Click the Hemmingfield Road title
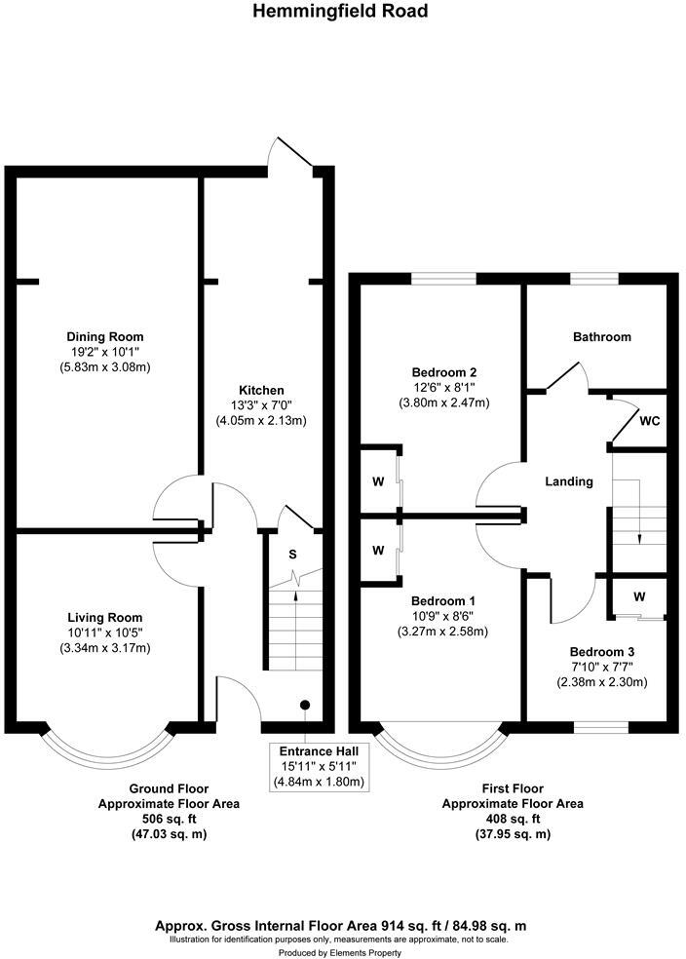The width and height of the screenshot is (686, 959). click(340, 12)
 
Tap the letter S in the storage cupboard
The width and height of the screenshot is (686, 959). click(292, 554)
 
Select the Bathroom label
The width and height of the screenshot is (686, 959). click(601, 337)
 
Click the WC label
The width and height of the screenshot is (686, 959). click(650, 423)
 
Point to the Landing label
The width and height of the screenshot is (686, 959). click(569, 481)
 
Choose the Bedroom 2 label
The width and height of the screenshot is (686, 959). click(443, 372)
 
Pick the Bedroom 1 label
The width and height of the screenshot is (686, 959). click(443, 600)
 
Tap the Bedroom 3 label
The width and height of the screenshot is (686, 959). click(600, 651)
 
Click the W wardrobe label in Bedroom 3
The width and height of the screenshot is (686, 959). click(639, 595)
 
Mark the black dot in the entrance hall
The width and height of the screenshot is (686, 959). click(305, 704)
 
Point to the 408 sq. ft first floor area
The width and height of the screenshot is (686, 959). click(513, 820)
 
